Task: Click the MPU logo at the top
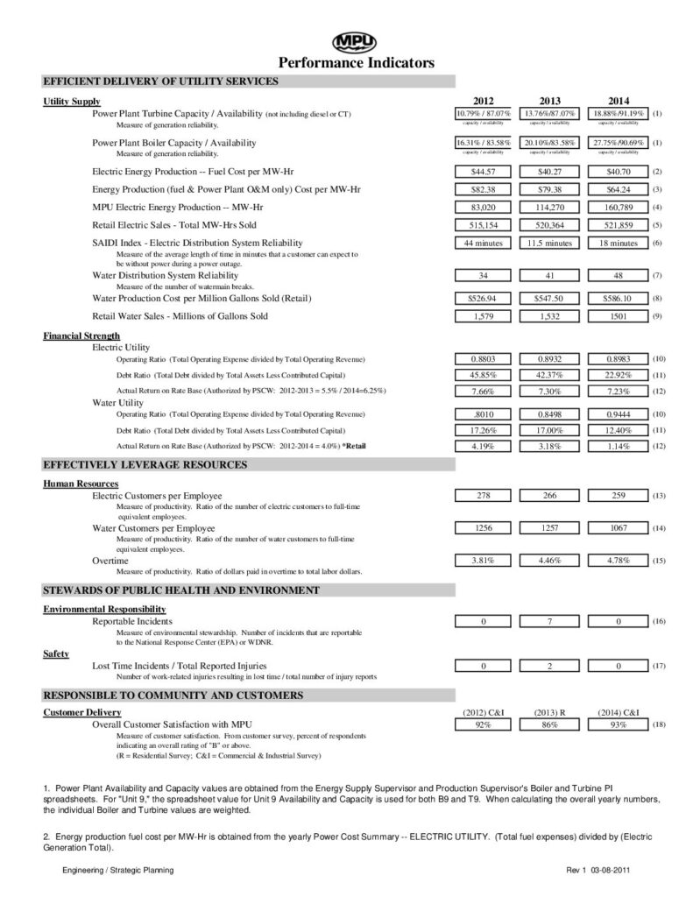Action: tap(356, 41)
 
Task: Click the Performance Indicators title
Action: tap(356, 62)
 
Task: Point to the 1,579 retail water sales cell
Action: tap(484, 315)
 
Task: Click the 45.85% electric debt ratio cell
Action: tap(484, 375)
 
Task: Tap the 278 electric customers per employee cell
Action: tap(484, 496)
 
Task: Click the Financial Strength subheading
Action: tap(81, 335)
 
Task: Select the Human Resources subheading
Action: tap(81, 484)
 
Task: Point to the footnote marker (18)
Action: tap(660, 725)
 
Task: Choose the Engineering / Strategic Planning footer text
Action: tap(117, 870)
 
